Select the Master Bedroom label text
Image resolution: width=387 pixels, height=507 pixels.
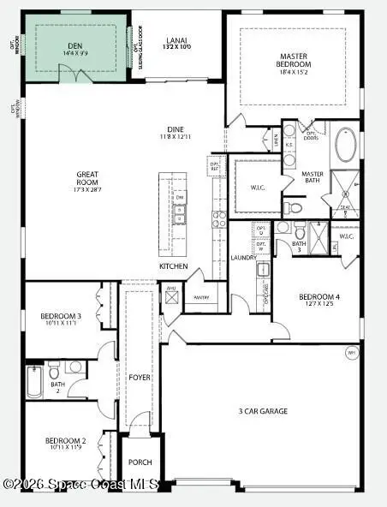pyautogui.click(x=294, y=61)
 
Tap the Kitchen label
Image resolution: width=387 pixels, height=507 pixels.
pyautogui.click(x=173, y=266)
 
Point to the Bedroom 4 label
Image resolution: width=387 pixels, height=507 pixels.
pyautogui.click(x=319, y=301)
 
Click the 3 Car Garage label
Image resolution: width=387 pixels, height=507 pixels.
pyautogui.click(x=263, y=411)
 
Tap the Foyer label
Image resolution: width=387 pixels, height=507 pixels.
pyautogui.click(x=139, y=378)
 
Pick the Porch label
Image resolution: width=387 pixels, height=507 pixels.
pyautogui.click(x=140, y=462)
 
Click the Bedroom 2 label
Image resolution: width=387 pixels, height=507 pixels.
pyautogui.click(x=63, y=444)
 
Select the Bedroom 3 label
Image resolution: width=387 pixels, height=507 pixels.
pyautogui.click(x=61, y=319)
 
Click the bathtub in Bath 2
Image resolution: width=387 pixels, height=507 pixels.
pyautogui.click(x=34, y=383)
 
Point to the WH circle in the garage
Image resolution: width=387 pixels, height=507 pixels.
pyautogui.click(x=351, y=353)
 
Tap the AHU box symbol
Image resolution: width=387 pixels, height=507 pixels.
pyautogui.click(x=171, y=297)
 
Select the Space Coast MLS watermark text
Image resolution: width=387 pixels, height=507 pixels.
pyautogui.click(x=81, y=485)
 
